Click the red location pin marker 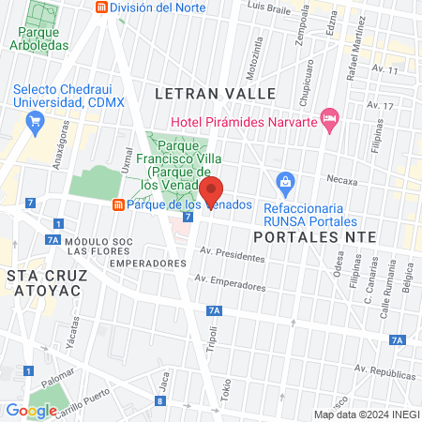tap(212, 190)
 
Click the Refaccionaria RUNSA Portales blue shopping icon tap(283, 180)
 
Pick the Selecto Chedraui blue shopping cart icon tap(36, 119)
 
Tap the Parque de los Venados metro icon tap(117, 204)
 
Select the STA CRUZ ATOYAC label tap(43, 282)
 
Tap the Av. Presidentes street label tap(234, 255)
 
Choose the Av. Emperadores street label tap(230, 280)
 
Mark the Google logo tap(31, 410)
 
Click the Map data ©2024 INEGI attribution tap(366, 414)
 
